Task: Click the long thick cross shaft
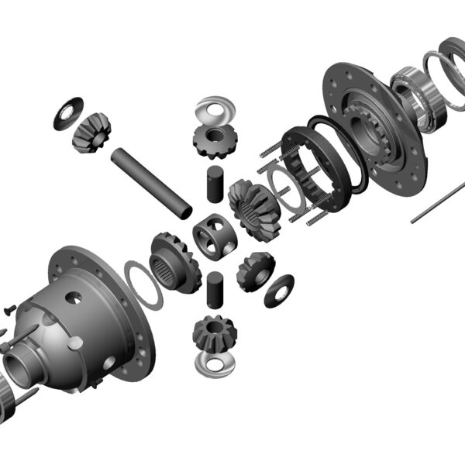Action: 151,184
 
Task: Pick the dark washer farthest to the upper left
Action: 68,112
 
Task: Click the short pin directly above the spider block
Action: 215,184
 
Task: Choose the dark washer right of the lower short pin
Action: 279,291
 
